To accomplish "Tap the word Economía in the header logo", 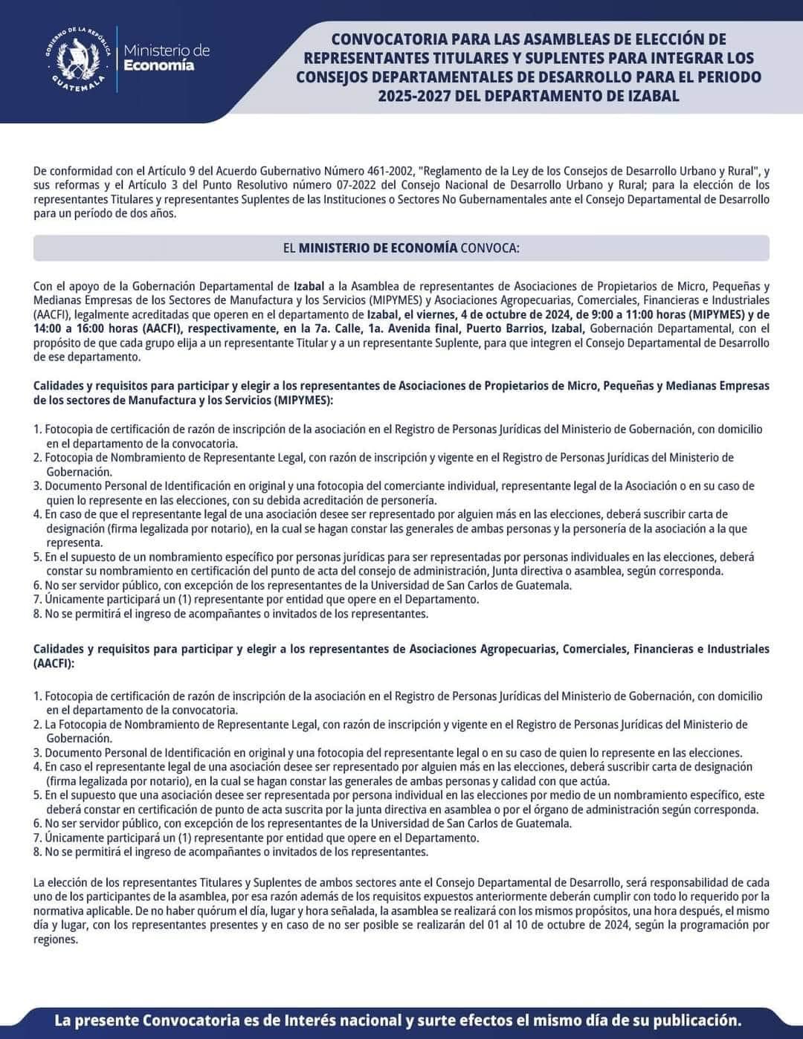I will (158, 65).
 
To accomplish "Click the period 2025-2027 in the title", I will (414, 96).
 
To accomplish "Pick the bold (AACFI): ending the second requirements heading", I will (54, 663).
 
